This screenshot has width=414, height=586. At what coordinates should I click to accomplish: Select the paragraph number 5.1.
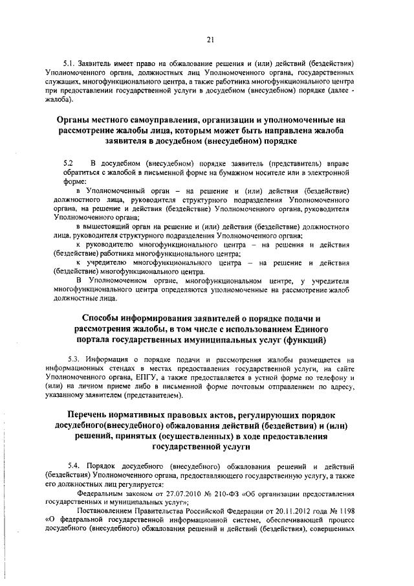click(x=69, y=64)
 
